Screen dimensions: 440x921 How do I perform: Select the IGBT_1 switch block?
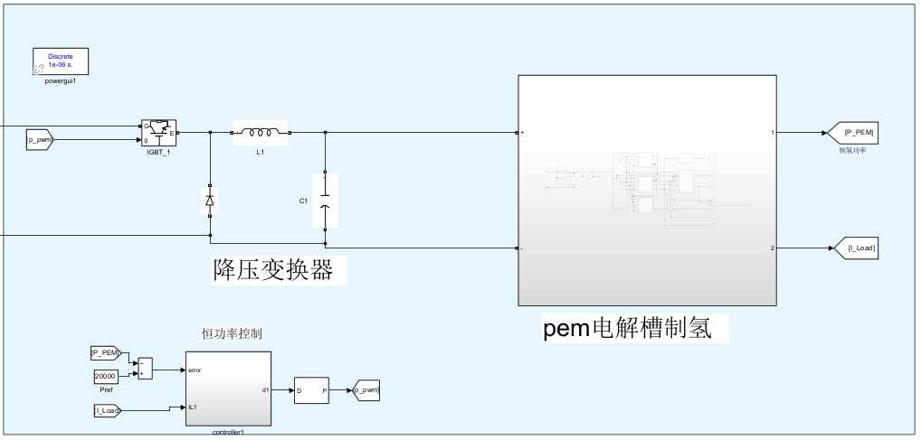tap(158, 132)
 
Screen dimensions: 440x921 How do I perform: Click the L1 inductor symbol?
tap(261, 133)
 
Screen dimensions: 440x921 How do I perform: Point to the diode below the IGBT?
tap(210, 201)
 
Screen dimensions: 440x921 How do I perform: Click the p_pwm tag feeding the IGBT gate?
tap(41, 140)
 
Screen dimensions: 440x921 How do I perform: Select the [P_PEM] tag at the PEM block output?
tap(854, 133)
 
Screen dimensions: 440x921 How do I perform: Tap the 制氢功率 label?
tap(852, 150)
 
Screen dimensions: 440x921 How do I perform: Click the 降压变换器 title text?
tap(272, 269)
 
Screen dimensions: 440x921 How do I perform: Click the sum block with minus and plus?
tap(145, 367)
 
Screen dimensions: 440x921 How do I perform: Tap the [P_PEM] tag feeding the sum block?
tap(106, 352)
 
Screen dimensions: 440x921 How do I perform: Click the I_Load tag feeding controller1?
tap(107, 411)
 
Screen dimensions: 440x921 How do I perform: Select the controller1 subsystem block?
tap(227, 389)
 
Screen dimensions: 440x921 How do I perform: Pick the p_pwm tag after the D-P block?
tap(366, 390)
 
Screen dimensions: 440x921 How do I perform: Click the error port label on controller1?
tap(195, 370)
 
